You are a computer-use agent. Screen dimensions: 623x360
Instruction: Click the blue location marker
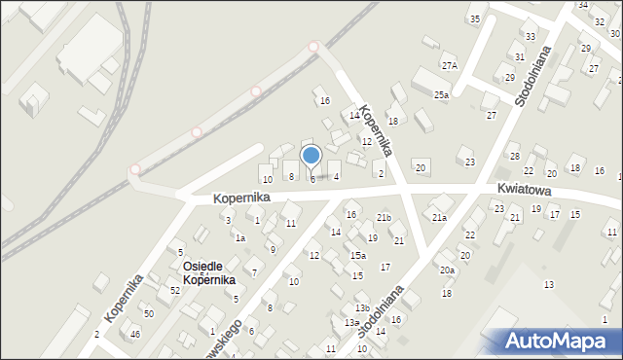pos(311,156)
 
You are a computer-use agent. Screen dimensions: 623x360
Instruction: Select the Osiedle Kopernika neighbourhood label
pos(207,272)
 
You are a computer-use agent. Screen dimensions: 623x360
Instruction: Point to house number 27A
pos(449,66)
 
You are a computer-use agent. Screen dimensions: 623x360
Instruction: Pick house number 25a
pos(441,94)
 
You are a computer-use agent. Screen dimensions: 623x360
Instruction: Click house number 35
pos(474,19)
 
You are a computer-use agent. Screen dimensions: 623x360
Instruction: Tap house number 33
pos(530,37)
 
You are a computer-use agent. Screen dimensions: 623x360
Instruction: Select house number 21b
pos(384,217)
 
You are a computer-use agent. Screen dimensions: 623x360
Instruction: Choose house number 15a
pos(358,255)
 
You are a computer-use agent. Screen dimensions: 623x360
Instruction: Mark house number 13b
pos(361,308)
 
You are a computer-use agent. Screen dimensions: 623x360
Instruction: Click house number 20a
pos(447,270)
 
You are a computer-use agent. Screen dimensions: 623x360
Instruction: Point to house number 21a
pos(439,218)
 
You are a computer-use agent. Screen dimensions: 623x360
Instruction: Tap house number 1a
pos(239,238)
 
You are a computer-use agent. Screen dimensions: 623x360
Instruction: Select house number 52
pos(175,291)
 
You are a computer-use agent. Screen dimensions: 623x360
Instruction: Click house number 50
pos(149,313)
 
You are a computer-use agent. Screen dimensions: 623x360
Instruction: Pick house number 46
pos(134,334)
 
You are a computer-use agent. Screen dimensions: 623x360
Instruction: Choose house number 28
pos(514,156)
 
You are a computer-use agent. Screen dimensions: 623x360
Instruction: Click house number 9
pos(273,250)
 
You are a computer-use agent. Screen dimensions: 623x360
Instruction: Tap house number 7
pos(254,272)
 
